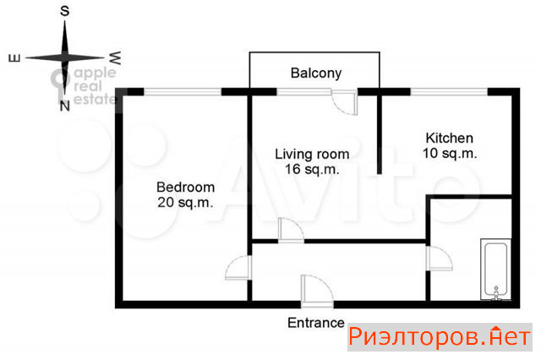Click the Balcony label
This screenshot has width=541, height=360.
pyautogui.click(x=315, y=74)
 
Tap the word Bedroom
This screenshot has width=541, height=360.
pyautogui.click(x=186, y=188)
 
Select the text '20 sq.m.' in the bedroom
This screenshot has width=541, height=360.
pyautogui.click(x=185, y=203)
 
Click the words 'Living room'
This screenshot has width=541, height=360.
pyautogui.click(x=312, y=154)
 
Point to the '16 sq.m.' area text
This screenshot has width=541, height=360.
pyautogui.click(x=312, y=169)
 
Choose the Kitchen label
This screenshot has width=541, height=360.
pyautogui.click(x=449, y=138)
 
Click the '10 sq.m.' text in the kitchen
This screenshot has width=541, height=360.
pyautogui.click(x=450, y=153)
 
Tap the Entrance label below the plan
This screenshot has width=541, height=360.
pyautogui.click(x=315, y=323)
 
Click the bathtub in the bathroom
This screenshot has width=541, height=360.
pyautogui.click(x=496, y=269)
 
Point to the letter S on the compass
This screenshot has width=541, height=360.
pyautogui.click(x=64, y=11)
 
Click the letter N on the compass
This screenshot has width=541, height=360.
pyautogui.click(x=64, y=106)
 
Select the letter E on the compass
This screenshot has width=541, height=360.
pyautogui.click(x=14, y=58)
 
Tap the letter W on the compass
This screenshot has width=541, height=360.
pyautogui.click(x=115, y=58)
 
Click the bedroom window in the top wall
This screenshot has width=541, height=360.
pyautogui.click(x=183, y=92)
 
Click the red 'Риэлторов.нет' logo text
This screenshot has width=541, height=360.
pyautogui.click(x=440, y=336)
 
